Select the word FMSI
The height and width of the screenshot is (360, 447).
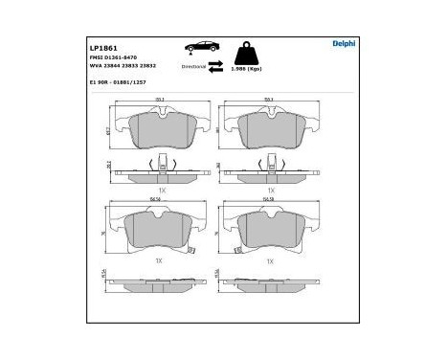(x=96, y=57)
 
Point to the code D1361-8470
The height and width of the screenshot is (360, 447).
(x=121, y=57)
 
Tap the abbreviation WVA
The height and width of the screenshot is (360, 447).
(x=96, y=66)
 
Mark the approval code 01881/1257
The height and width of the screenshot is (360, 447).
(x=132, y=83)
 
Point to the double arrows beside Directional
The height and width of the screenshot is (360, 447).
(x=216, y=66)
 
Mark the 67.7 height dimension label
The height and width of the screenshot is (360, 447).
(x=107, y=131)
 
